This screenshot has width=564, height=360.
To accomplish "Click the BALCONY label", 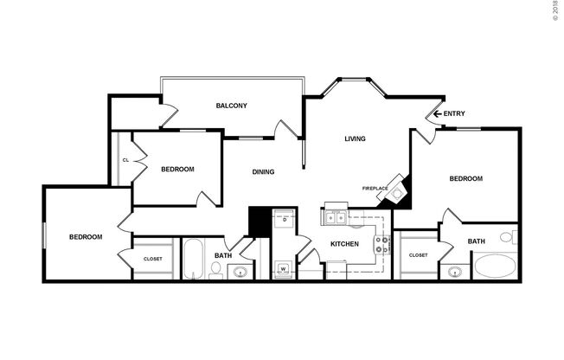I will point(231,106).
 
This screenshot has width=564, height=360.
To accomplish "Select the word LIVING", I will point(355,138).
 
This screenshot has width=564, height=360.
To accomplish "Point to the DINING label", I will point(263,171).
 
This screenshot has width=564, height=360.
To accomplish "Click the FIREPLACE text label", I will point(375,188).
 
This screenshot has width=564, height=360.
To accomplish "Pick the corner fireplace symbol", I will point(399,189).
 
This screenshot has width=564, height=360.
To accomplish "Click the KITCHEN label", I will point(344,244).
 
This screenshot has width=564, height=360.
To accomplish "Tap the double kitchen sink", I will point(336,217).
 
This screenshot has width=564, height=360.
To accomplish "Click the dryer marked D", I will point(284,220).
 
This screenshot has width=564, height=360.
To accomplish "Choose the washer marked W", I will point(284,269).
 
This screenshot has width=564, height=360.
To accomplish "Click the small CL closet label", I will point(125,160).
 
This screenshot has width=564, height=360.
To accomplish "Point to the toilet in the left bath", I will point(215,270).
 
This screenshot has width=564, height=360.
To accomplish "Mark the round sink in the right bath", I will point(454,272).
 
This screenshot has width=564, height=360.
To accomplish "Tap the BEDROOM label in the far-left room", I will point(86,237).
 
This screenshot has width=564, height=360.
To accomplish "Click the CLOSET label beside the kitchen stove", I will point(419,255).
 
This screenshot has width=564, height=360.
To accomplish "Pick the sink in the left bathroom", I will point(240,273).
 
